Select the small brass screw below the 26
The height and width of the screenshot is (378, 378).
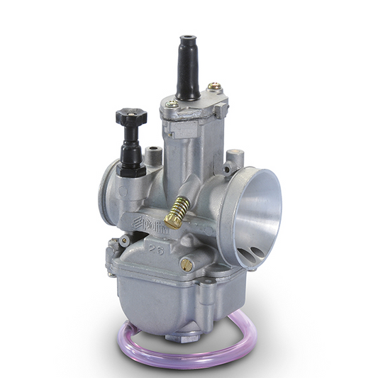(187, 265)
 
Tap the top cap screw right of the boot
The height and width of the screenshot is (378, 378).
(212, 88)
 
